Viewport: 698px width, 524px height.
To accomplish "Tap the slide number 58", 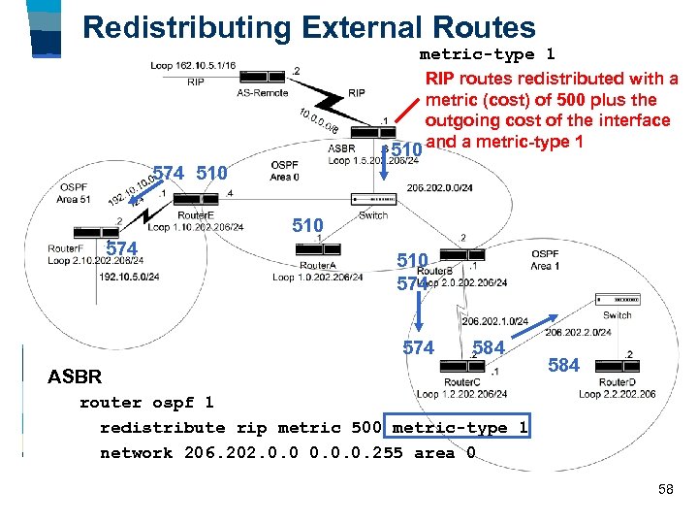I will point(665,490).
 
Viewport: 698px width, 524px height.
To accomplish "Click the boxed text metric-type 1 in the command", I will point(458,427).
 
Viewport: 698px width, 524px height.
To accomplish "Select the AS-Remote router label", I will point(262,93).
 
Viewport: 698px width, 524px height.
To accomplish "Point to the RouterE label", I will point(196,214).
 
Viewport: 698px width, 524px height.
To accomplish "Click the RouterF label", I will point(65,248).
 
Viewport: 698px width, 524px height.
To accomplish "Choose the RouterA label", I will point(318,265).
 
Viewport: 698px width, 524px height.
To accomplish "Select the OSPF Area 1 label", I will point(545,259).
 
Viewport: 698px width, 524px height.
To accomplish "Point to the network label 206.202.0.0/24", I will point(440,188).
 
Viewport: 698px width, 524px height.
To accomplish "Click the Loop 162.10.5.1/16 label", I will point(193,66).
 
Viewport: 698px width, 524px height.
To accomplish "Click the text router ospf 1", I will point(145,402).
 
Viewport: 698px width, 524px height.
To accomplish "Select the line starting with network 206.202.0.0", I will point(287,452).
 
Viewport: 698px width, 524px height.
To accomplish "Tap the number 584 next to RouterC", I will point(489,347).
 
